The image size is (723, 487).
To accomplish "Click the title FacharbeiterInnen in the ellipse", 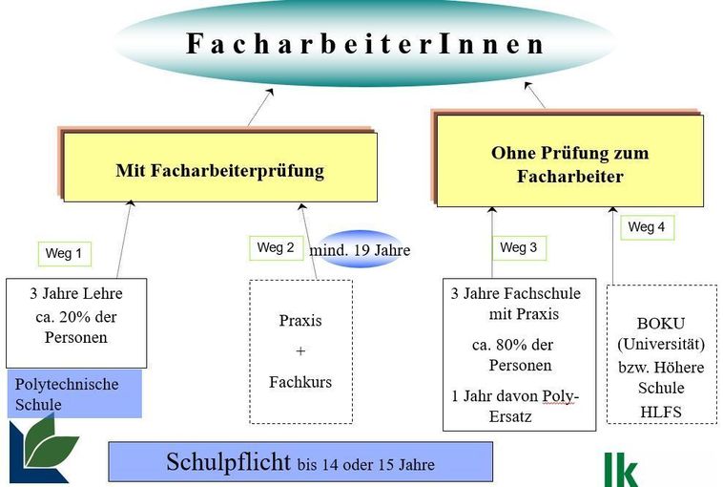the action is coord(364,43).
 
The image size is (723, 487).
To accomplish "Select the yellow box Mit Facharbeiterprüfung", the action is coord(220,167).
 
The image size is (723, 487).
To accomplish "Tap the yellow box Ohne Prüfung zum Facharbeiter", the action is coord(570,160).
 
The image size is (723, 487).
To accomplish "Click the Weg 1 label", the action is coord(65,254).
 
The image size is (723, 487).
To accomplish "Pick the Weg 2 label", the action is coord(277,248).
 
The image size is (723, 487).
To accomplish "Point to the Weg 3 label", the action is coord(519,248).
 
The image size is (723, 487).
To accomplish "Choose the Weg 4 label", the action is coord(647,227).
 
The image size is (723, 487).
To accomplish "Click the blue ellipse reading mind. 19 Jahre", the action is coord(361,249).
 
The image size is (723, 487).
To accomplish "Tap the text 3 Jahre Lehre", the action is coord(76,293).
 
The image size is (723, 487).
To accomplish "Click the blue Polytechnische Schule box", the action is coord(74,393).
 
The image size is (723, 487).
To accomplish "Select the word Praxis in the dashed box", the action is coord(300,320).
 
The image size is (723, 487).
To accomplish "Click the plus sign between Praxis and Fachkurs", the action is coord(300,351).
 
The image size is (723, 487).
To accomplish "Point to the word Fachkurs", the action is coord(300,382).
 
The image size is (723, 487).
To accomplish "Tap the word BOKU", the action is coord(661,323).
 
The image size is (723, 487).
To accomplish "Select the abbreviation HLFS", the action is coord(661,412).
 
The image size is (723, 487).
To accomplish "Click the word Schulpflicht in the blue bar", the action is coord(228,462).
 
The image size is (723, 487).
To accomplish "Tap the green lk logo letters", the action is coord(621,470).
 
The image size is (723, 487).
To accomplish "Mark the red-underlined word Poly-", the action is coord(560,396).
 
